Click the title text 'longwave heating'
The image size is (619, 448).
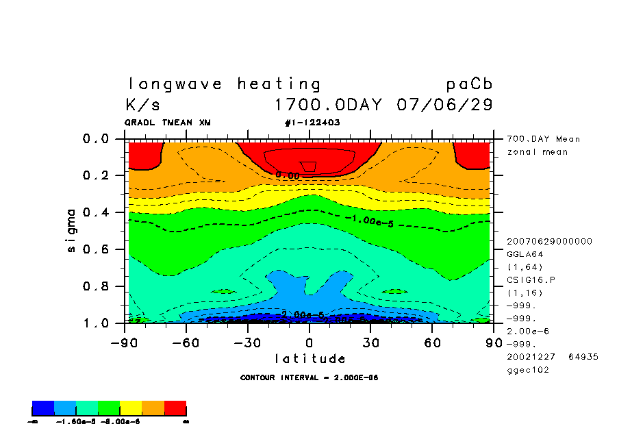[224, 84]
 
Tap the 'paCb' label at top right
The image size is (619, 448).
[469, 84]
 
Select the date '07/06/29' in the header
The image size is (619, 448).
[444, 105]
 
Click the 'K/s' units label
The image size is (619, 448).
[144, 105]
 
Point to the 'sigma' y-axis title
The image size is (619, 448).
[72, 230]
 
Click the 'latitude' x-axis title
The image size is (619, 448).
[310, 358]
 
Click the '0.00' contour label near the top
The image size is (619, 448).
[288, 175]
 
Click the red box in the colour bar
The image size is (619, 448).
[175, 409]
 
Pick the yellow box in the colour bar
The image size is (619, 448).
[131, 409]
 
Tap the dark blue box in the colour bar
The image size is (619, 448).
[43, 409]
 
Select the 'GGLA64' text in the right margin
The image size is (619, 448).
[522, 253]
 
